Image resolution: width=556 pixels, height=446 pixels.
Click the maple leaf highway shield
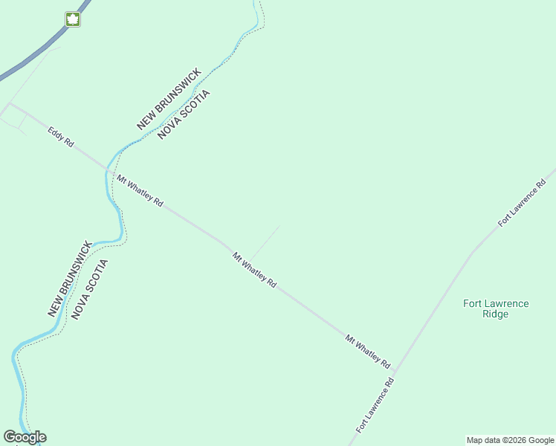pyautogui.click(x=72, y=19)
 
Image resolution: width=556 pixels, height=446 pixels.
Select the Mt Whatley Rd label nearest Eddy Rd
pyautogui.click(x=139, y=190)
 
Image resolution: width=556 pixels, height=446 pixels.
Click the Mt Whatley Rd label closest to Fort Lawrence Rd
pyautogui.click(x=368, y=352)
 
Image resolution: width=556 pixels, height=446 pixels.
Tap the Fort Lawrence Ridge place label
pyautogui.click(x=495, y=308)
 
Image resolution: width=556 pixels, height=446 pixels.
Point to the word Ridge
pyautogui.click(x=495, y=314)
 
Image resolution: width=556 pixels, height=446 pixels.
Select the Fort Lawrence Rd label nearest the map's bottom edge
pyautogui.click(x=375, y=405)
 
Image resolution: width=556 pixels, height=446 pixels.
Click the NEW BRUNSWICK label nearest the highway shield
pyautogui.click(x=169, y=99)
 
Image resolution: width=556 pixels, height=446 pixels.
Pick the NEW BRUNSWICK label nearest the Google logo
pyautogui.click(x=70, y=279)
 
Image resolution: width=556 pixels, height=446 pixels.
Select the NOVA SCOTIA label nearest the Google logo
pyautogui.click(x=90, y=289)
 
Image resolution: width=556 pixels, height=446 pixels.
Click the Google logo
pyautogui.click(x=25, y=437)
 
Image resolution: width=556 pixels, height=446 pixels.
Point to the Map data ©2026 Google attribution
pyautogui.click(x=511, y=440)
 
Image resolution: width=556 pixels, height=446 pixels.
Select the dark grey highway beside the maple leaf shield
pyautogui.click(x=37, y=52)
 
